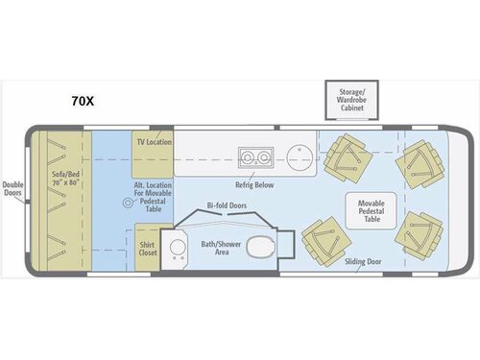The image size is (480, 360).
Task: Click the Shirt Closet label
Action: tap(147, 243)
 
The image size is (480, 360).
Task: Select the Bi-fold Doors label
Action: tap(227, 205)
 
